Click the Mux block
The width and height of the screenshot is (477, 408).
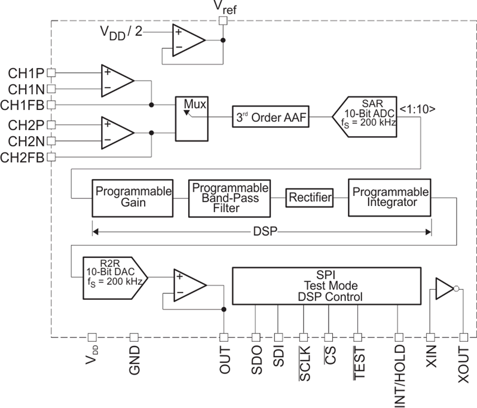(191, 118)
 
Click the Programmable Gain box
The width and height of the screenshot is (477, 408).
(132, 198)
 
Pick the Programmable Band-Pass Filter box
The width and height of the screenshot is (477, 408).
(229, 198)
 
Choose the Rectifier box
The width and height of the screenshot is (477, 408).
(309, 197)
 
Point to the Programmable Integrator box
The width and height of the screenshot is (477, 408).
(389, 198)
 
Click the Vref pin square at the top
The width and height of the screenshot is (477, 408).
(224, 21)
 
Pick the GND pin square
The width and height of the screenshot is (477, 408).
(134, 337)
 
